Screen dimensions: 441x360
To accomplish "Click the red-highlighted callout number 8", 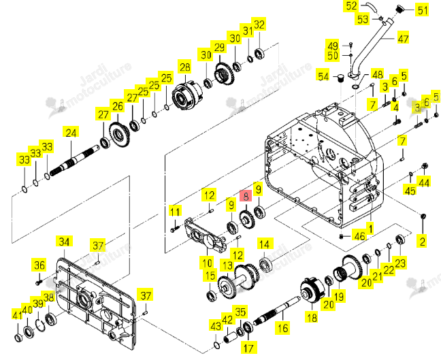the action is [x=246, y=196].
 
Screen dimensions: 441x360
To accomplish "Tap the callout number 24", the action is [x=71, y=133].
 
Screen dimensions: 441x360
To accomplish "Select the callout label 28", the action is [x=185, y=67].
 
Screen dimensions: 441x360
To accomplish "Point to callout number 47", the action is [x=403, y=38].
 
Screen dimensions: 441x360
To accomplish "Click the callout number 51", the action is [x=423, y=10].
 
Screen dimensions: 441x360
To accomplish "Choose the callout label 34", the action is [x=64, y=242].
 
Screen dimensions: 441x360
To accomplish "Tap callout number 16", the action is [x=283, y=327].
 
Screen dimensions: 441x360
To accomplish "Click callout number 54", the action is [x=323, y=76].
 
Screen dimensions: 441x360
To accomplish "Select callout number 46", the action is [x=360, y=237].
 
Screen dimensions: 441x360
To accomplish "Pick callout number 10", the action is [x=208, y=263].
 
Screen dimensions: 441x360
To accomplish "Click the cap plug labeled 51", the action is [x=400, y=9].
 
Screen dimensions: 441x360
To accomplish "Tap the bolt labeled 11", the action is [x=175, y=229].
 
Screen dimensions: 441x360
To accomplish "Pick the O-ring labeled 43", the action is [x=217, y=345].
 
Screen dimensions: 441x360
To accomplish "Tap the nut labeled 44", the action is [x=425, y=167].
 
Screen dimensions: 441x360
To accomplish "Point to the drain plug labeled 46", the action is [x=341, y=236].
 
